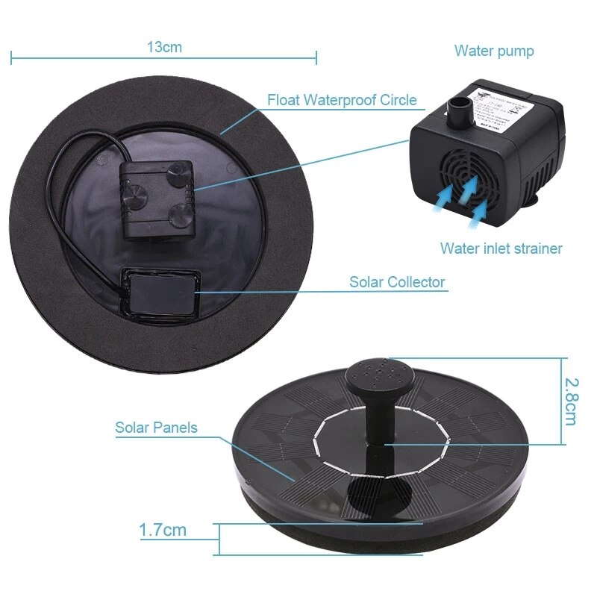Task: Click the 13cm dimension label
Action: point(164,47)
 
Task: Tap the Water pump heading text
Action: point(494,51)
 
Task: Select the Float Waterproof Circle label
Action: point(342,100)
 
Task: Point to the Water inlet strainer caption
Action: point(501,249)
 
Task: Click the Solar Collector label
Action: point(397,282)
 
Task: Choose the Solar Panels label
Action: point(156,428)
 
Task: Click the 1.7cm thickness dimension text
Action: point(163,531)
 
